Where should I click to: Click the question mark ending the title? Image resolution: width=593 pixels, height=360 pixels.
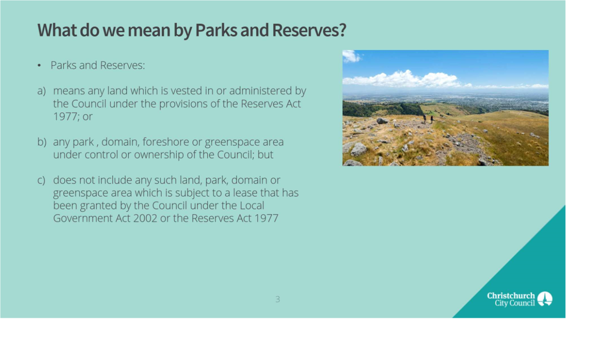343,30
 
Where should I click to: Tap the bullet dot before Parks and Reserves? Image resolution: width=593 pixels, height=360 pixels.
39,65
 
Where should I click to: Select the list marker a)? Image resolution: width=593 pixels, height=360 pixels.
42,91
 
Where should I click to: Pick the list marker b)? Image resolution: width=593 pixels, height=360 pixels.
42,142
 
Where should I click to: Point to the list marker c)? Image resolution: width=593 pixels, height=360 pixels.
41,180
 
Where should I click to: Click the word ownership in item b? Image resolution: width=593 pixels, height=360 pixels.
159,154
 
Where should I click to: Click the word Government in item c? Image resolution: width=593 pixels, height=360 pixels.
83,218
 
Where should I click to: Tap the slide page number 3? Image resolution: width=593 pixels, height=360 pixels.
278,299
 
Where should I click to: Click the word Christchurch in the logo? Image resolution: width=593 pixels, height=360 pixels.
511,296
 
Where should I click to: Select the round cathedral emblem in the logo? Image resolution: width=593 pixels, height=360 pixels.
545,299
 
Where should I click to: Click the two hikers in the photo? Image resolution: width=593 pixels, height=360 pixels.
428,119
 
